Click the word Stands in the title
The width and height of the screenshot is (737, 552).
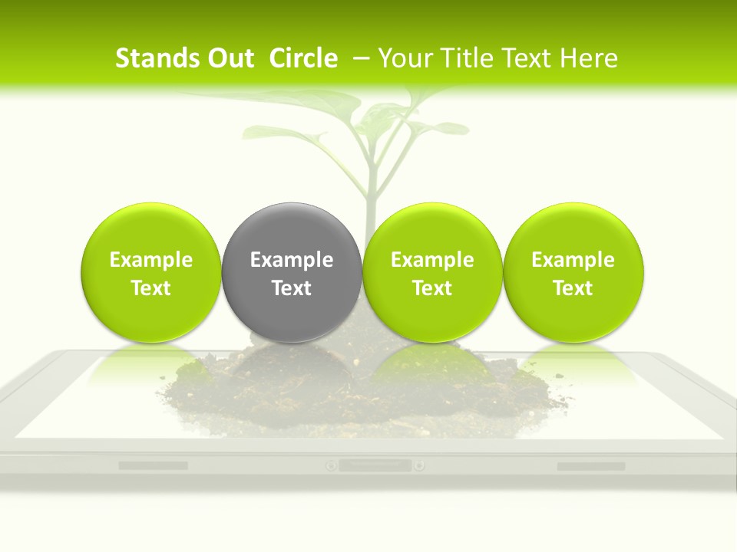tap(150, 58)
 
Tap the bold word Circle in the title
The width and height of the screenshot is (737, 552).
tap(303, 58)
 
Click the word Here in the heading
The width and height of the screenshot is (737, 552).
tap(588, 58)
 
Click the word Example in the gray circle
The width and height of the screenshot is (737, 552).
tap(292, 260)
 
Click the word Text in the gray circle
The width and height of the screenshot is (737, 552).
tap(292, 288)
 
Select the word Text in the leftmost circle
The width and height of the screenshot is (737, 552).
tap(150, 288)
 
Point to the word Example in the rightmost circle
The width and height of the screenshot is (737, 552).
tap(573, 260)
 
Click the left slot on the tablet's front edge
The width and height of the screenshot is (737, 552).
tap(153, 465)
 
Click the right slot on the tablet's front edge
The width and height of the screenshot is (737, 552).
tap(590, 465)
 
